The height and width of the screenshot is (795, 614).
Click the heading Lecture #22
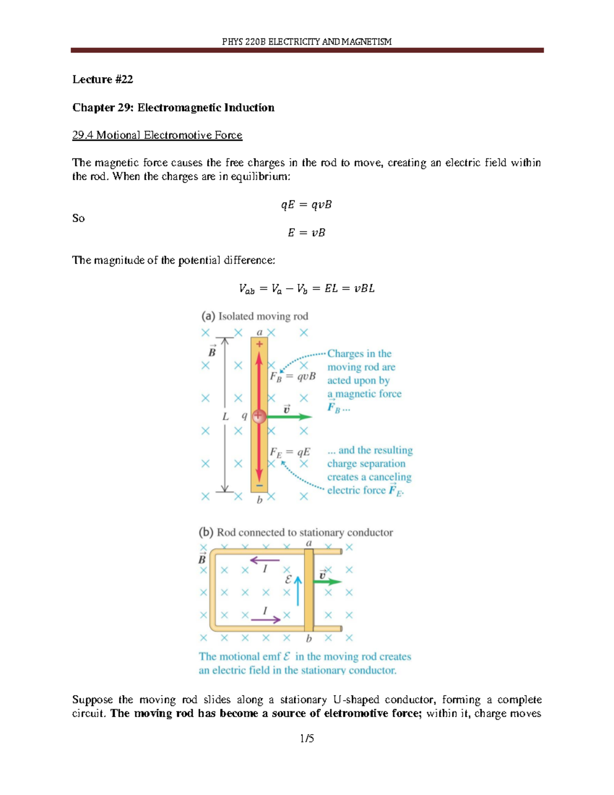pyautogui.click(x=102, y=79)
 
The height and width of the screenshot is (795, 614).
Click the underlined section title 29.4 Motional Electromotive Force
pyautogui.click(x=157, y=135)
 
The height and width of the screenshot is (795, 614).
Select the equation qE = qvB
pyautogui.click(x=306, y=205)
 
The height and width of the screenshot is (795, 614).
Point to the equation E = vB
pyautogui.click(x=306, y=232)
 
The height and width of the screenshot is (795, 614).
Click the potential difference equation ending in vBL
pyautogui.click(x=306, y=289)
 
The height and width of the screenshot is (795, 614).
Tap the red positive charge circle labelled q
pyautogui.click(x=259, y=416)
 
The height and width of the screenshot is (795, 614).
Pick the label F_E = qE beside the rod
pyautogui.click(x=290, y=453)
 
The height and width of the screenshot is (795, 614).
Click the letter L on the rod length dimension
pyautogui.click(x=225, y=417)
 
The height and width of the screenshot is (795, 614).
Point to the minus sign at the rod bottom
pyautogui.click(x=259, y=485)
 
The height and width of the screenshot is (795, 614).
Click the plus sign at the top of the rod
pyautogui.click(x=259, y=344)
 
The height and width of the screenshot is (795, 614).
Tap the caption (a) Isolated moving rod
pyautogui.click(x=254, y=316)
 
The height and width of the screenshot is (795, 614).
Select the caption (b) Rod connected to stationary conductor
pyautogui.click(x=296, y=532)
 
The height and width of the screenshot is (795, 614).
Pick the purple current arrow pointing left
pyautogui.click(x=265, y=560)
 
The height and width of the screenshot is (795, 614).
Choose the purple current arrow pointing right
pyautogui.click(x=266, y=619)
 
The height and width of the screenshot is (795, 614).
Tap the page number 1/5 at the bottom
pyautogui.click(x=307, y=738)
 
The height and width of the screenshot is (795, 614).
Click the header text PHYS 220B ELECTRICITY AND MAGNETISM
pyautogui.click(x=306, y=41)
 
